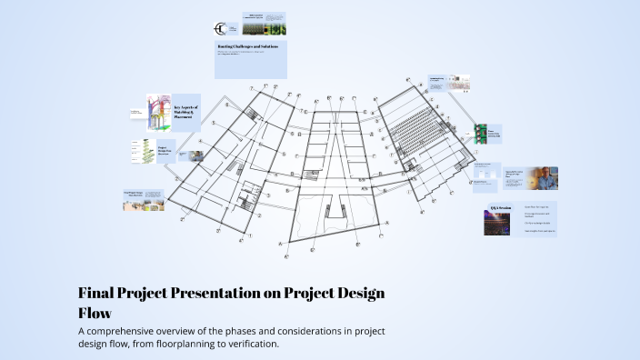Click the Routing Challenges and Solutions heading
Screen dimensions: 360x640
pos(250,45)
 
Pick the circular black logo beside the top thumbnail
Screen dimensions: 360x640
pos(221,28)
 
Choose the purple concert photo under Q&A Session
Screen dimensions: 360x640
pos(496,224)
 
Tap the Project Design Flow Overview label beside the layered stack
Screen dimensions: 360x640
pos(165,152)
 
